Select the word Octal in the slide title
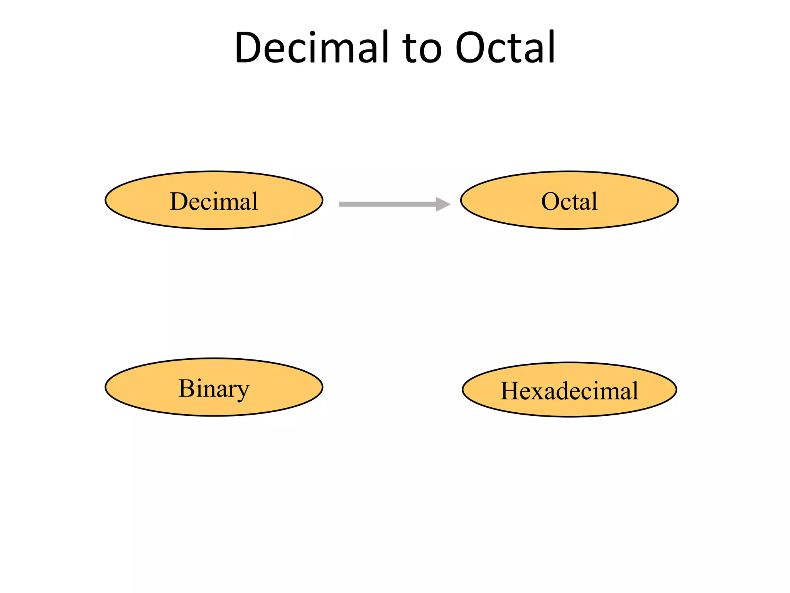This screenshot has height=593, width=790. [505, 47]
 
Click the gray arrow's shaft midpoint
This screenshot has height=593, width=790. [388, 204]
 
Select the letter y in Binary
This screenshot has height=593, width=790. [243, 391]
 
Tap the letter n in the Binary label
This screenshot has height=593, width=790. [210, 390]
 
